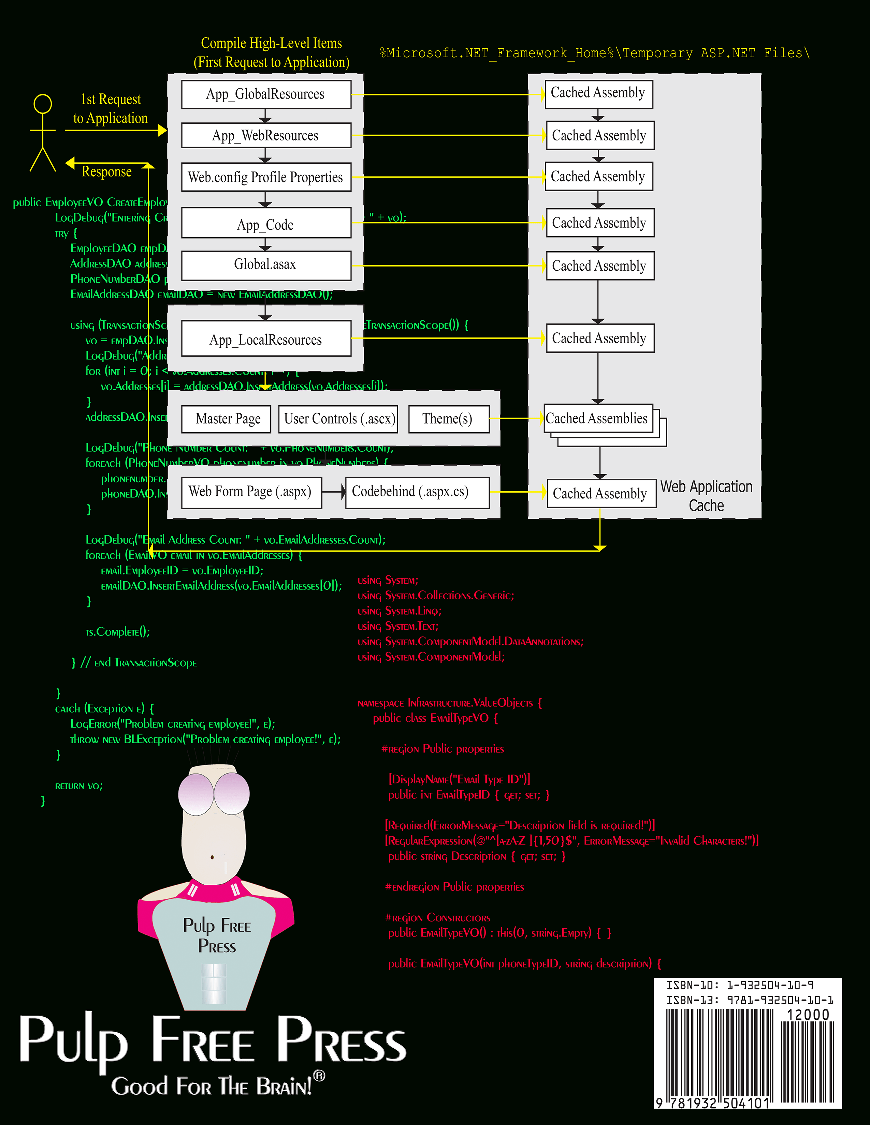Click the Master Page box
(228, 419)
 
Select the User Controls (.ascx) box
(339, 419)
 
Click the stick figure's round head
(43, 104)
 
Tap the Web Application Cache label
(706, 496)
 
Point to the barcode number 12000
(808, 1015)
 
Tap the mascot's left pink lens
(196, 794)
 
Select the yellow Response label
(107, 171)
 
